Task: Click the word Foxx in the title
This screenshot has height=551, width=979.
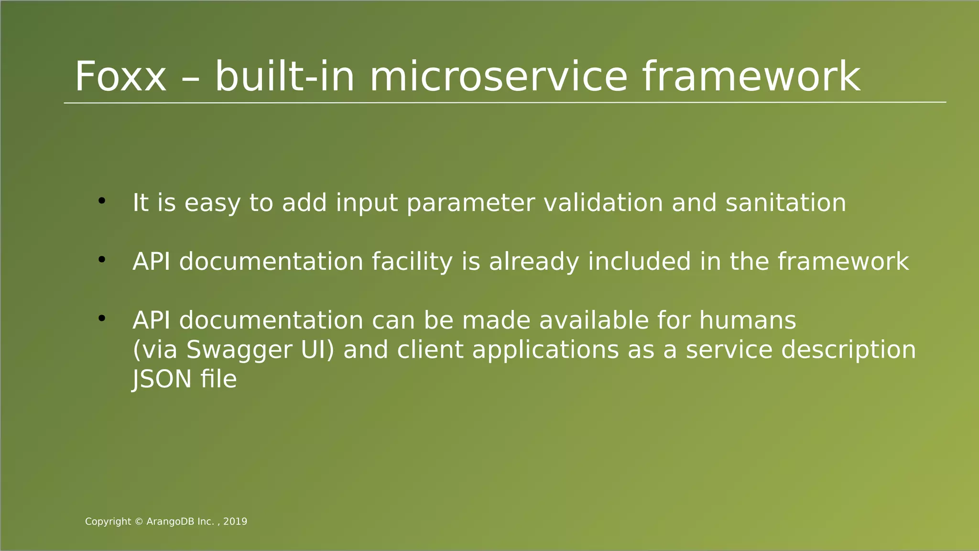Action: [x=120, y=77]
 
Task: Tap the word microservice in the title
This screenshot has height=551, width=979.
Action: [x=498, y=77]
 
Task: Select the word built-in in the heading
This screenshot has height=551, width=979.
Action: [x=284, y=77]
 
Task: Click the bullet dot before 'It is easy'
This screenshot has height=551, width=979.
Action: [x=101, y=201]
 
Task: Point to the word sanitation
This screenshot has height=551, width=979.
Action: [x=785, y=203]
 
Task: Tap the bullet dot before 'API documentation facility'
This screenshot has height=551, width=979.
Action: [x=101, y=260]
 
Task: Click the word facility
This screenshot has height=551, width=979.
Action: [x=412, y=262]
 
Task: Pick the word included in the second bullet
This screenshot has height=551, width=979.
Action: [x=639, y=262]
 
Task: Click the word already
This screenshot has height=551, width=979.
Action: [x=533, y=262]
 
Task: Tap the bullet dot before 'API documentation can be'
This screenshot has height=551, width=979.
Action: [x=101, y=318]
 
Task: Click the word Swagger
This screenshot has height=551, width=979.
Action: [x=239, y=351]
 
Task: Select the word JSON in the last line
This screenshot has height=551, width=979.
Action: [x=162, y=379]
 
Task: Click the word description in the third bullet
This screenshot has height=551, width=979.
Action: [x=848, y=351]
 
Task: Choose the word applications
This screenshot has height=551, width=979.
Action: [x=545, y=351]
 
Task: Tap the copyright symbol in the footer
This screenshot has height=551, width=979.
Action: [x=139, y=522]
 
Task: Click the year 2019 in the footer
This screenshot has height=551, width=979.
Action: [x=235, y=522]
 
